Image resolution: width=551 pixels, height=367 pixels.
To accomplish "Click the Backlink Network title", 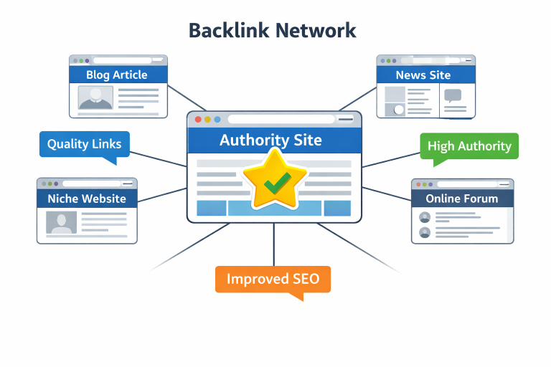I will tap(272, 30).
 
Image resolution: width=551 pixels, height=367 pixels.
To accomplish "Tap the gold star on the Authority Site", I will tap(275, 178).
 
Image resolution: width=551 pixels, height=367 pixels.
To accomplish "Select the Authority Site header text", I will tap(270, 139).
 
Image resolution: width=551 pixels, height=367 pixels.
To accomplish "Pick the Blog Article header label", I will tap(117, 75).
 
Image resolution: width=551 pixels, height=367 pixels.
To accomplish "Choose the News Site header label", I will tap(423, 75).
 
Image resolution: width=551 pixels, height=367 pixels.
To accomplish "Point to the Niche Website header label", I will tap(87, 199).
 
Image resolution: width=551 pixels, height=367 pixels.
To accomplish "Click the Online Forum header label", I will tap(461, 199).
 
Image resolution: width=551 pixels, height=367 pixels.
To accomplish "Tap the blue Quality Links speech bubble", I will tap(85, 144).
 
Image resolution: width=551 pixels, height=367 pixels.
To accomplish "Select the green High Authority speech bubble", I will tap(469, 146).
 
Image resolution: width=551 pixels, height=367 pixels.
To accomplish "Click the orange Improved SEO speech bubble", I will tap(273, 280).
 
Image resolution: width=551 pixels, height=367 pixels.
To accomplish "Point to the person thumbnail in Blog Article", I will tap(95, 97).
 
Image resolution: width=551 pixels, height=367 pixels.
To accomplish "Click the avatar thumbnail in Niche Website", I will tap(61, 222).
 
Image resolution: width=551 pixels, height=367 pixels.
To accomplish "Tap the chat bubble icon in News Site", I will tap(453, 95).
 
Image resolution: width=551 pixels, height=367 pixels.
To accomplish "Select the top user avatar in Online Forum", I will tap(425, 217).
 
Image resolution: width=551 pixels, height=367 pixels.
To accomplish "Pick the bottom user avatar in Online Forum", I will tap(425, 232).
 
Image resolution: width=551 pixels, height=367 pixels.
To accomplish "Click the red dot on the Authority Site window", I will tap(198, 120).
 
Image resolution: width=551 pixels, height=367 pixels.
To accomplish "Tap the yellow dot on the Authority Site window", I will tap(208, 120).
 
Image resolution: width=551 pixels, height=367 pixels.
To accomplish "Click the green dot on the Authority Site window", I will tap(217, 120).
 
